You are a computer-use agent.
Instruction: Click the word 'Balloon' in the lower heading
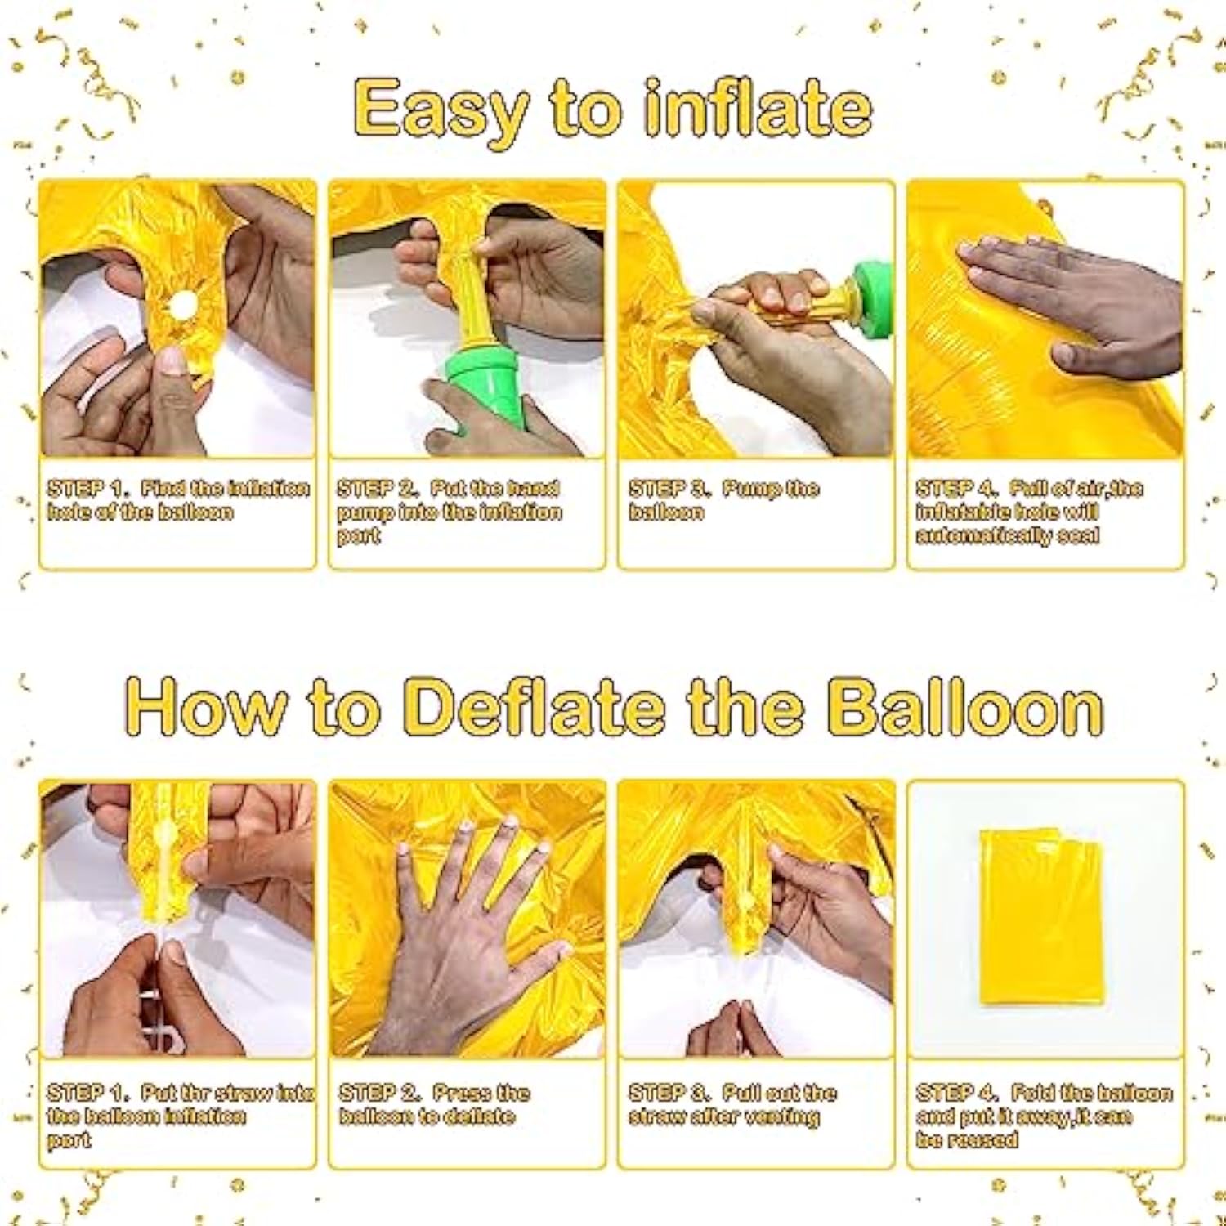(x=964, y=707)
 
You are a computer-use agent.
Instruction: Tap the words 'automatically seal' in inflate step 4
(x=1007, y=535)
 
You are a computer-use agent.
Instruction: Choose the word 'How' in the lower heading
(x=206, y=707)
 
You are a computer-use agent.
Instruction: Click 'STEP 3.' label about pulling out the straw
(x=668, y=1093)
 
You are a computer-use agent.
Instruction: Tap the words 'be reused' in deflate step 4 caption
(x=967, y=1139)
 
